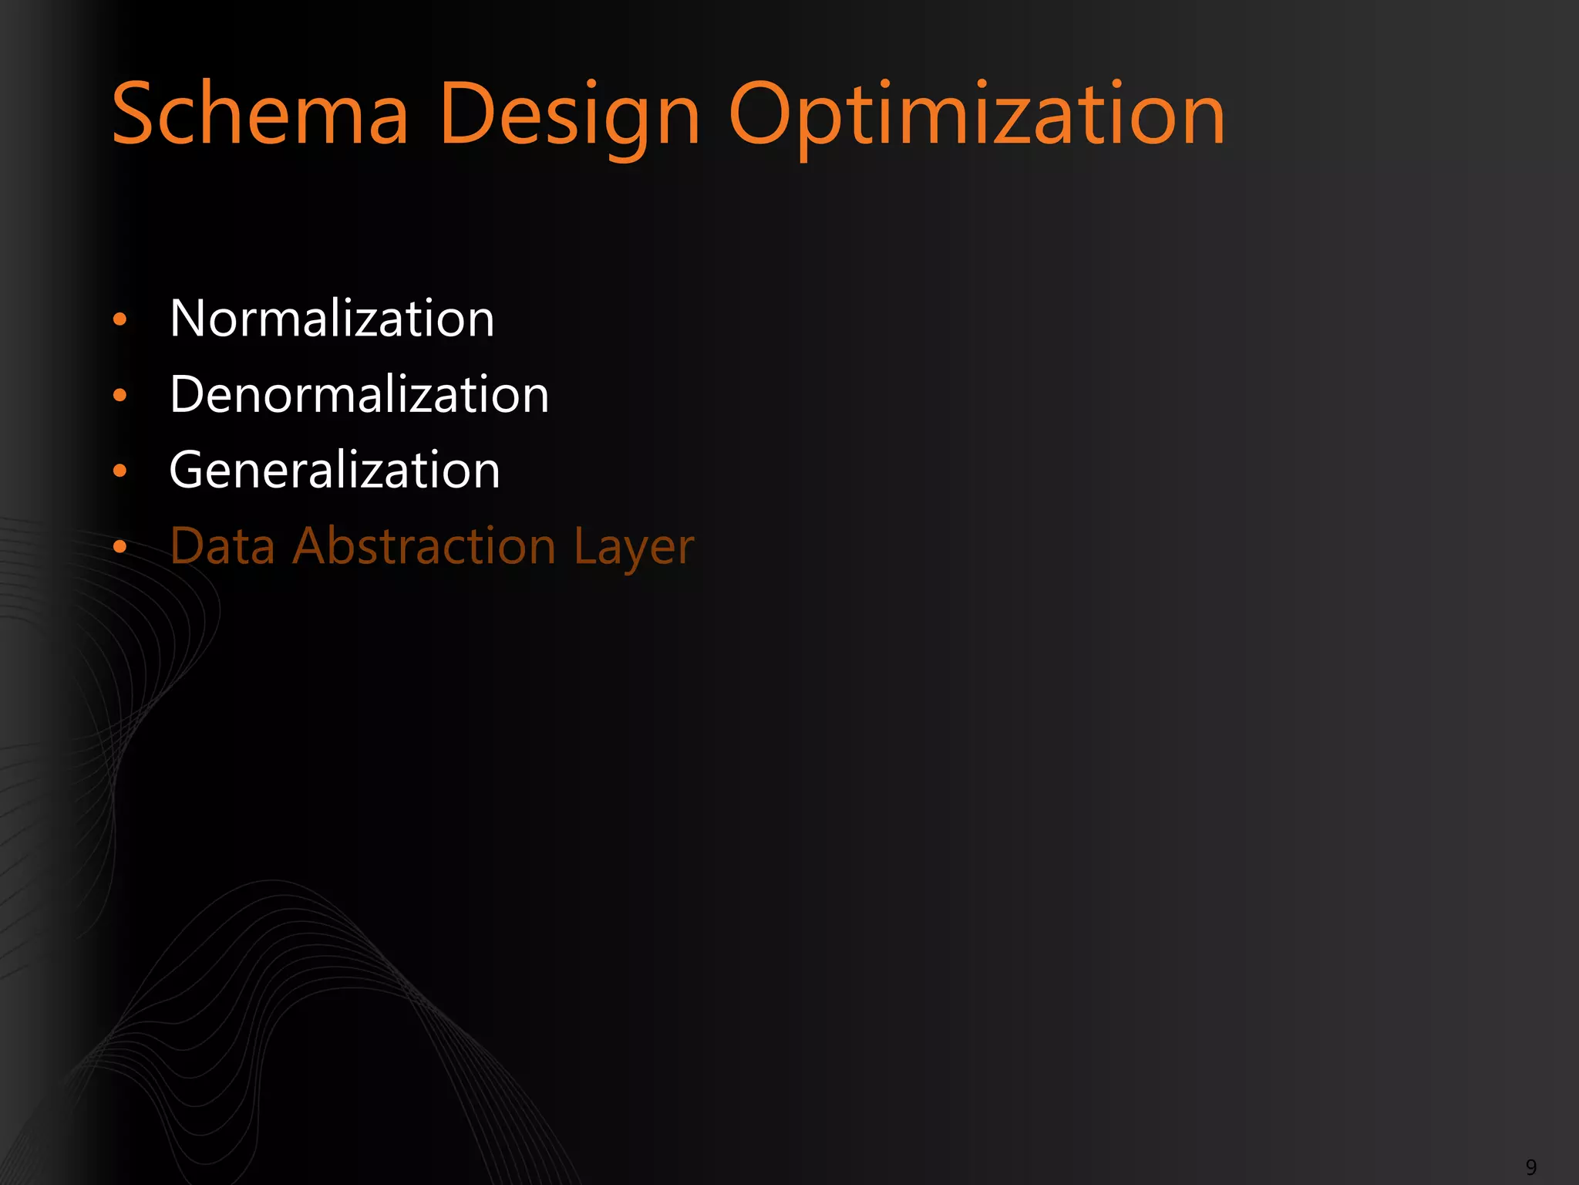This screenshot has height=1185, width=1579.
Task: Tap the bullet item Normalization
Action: (x=332, y=318)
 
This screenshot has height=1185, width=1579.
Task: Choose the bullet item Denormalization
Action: (x=359, y=394)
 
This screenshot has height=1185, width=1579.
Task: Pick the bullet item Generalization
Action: (x=335, y=470)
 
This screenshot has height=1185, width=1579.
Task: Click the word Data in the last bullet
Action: (x=222, y=546)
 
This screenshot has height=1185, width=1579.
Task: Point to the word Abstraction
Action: (x=424, y=546)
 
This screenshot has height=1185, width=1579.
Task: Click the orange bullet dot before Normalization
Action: (x=120, y=319)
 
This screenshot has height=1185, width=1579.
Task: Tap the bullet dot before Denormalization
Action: (x=120, y=395)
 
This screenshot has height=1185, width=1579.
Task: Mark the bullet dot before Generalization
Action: (x=120, y=471)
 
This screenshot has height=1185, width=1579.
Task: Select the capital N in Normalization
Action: (x=190, y=318)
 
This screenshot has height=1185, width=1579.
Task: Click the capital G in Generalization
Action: (x=190, y=470)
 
